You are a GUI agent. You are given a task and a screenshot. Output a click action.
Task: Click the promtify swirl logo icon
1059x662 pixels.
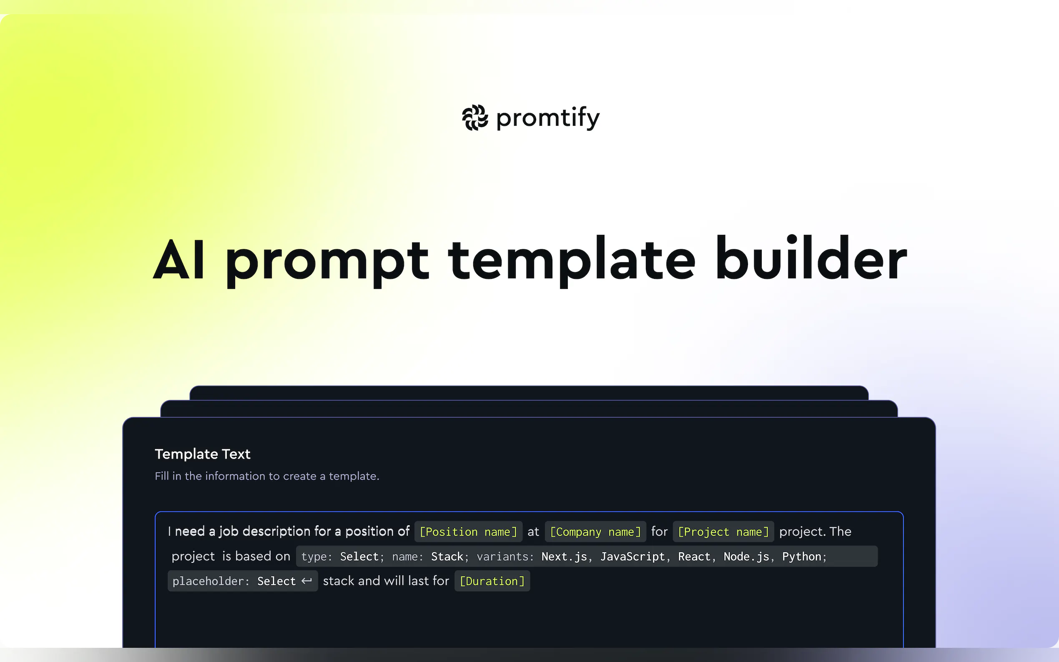[x=475, y=118]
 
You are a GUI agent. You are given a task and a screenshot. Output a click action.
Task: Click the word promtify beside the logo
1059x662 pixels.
[x=548, y=118]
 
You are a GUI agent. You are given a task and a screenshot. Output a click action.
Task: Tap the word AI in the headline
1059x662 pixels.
[x=178, y=261]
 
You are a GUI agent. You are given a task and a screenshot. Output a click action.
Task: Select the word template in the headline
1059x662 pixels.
[x=571, y=261]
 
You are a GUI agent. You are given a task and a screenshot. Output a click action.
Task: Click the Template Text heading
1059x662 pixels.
[x=202, y=454]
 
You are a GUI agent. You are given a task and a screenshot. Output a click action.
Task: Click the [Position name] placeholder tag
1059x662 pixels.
[x=468, y=532]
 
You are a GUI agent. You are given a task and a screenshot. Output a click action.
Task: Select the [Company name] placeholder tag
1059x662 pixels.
[x=595, y=532]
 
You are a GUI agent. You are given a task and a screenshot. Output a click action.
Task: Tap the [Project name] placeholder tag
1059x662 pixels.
[x=723, y=532]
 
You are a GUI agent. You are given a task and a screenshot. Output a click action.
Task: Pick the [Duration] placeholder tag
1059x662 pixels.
[x=492, y=581]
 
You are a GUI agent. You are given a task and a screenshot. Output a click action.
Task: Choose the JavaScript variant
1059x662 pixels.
[x=632, y=557]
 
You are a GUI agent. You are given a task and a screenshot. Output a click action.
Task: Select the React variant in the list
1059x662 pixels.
[x=694, y=557]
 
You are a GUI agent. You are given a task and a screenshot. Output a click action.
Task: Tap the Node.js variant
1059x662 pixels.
[x=746, y=557]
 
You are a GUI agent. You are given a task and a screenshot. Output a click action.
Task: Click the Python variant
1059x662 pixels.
[x=802, y=557]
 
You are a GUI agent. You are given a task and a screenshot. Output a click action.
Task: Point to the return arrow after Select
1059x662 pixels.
[x=306, y=581]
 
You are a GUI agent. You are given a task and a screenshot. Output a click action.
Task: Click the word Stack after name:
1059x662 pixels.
[x=447, y=557]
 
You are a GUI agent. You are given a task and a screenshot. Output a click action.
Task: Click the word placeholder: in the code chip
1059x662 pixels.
[x=211, y=581]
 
